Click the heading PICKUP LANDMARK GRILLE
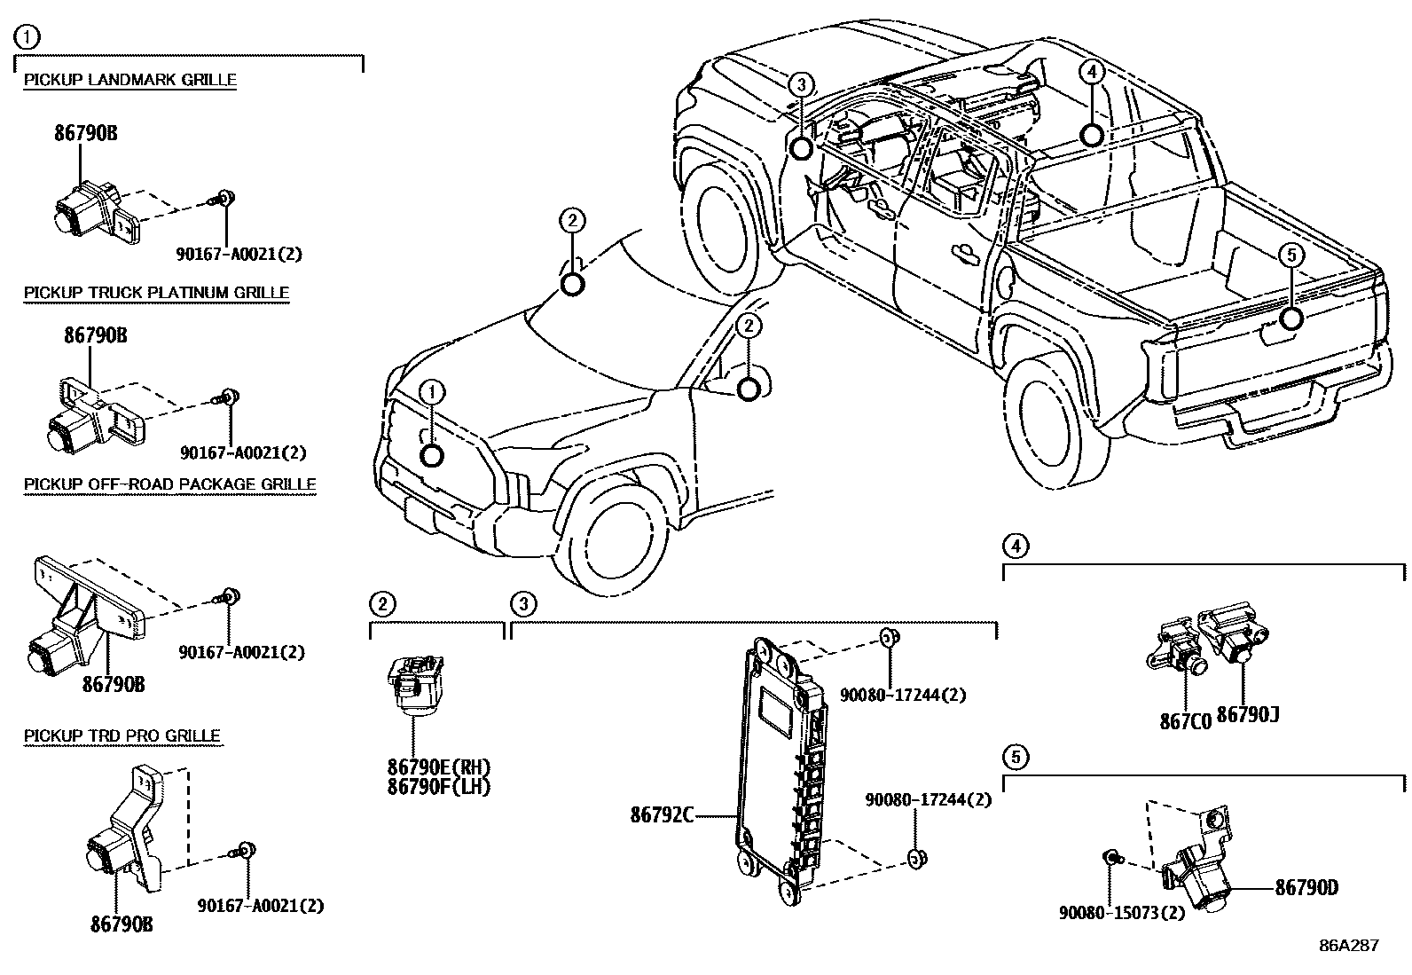click(129, 80)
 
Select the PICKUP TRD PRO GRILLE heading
click(122, 735)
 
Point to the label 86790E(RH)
click(438, 767)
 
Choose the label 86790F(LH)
click(438, 786)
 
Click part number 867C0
click(1185, 721)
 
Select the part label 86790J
click(1247, 714)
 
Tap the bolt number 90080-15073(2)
click(1122, 912)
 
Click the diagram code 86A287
click(1348, 945)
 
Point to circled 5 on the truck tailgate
click(1291, 256)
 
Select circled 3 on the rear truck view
click(800, 85)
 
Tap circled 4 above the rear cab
click(1091, 72)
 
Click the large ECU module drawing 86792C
click(781, 767)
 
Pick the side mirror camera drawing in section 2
click(415, 683)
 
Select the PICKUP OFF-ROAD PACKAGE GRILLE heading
click(169, 484)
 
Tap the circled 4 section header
click(1016, 546)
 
